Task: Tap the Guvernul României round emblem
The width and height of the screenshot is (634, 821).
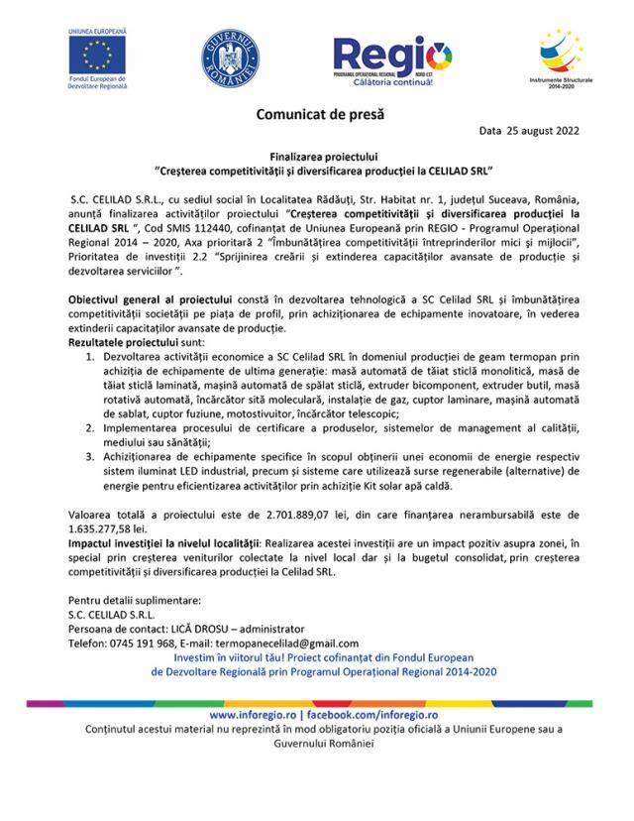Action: pyautogui.click(x=229, y=57)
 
